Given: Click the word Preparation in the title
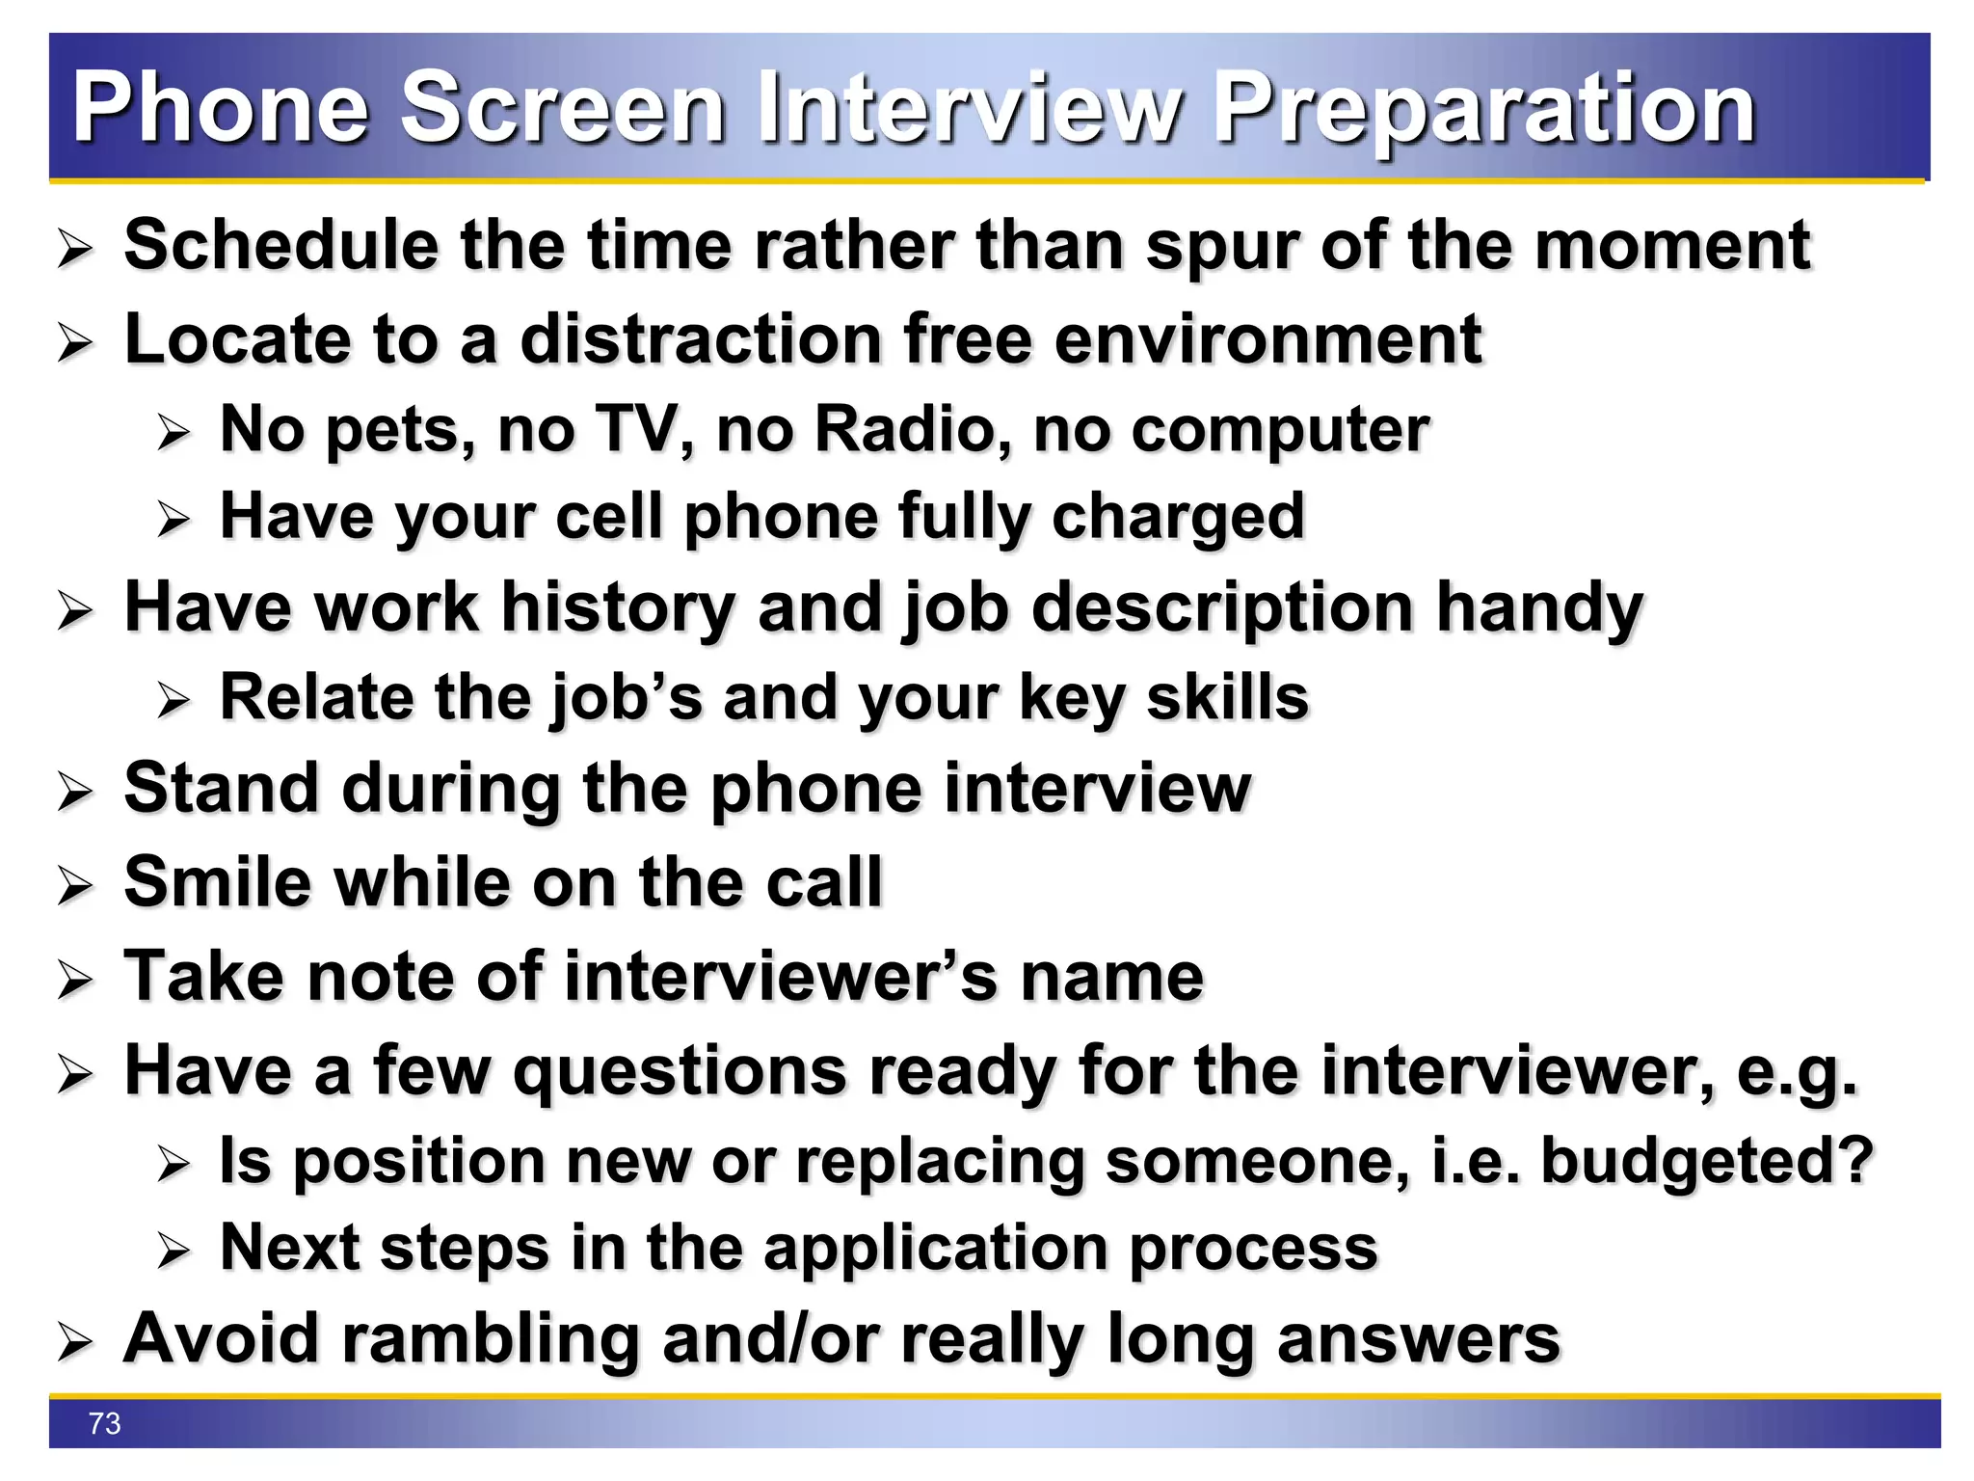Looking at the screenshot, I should [1484, 108].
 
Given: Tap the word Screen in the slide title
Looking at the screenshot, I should [562, 108].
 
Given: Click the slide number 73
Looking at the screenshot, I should [104, 1423].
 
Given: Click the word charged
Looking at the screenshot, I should [1178, 518].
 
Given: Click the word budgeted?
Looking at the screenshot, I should [1707, 1161].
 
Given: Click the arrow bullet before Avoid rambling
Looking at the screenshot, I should [75, 1342].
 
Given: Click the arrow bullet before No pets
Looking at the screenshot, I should [174, 432].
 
